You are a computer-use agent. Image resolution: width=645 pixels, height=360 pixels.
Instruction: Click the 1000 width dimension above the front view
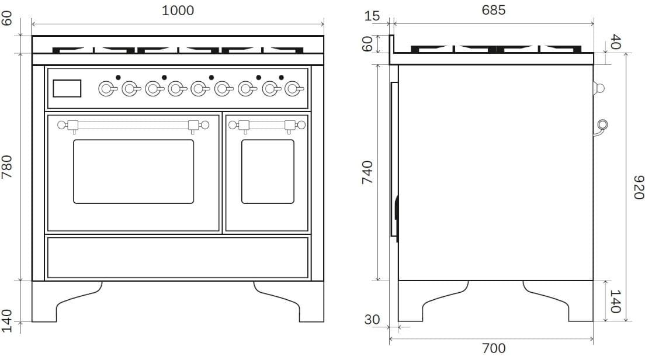[178, 10]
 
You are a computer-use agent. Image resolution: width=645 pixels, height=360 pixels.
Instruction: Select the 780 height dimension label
[8, 167]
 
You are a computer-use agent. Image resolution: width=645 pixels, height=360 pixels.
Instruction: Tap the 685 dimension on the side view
[494, 10]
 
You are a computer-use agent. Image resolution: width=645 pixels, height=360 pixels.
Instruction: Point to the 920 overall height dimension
[638, 186]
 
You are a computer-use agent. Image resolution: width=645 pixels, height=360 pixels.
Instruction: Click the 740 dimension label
[367, 172]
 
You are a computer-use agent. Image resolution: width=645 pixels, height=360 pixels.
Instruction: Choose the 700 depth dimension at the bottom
[494, 348]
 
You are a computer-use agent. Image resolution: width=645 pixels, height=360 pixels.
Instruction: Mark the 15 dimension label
[372, 16]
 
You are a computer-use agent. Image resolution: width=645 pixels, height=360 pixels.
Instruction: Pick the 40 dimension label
[615, 43]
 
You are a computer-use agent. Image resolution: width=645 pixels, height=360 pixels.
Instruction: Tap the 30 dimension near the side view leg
[372, 320]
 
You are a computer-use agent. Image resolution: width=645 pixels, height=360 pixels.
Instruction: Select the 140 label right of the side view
[615, 301]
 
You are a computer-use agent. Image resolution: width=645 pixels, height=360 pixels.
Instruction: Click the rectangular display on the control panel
[67, 88]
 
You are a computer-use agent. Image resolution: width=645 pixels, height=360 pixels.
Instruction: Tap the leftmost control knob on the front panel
[106, 89]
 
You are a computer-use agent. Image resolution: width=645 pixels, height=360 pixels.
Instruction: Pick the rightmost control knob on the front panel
[292, 89]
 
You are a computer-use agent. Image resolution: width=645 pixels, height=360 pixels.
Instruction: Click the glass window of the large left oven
[133, 171]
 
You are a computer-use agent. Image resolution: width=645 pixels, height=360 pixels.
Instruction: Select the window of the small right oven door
[268, 171]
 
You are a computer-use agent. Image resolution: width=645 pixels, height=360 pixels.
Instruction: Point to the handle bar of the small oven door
[267, 124]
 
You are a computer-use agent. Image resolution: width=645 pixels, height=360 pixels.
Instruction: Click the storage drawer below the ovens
[178, 257]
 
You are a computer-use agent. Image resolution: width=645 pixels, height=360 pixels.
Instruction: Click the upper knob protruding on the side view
[598, 88]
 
